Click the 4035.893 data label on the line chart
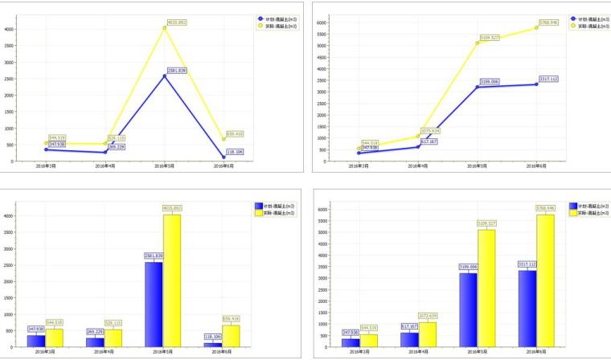click(177, 22)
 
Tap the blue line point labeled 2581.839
click(165, 76)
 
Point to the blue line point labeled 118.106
click(226, 157)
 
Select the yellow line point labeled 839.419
click(226, 139)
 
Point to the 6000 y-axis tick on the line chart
click(321, 22)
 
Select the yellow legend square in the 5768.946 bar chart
click(575, 212)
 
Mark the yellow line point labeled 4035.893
click(165, 28)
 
